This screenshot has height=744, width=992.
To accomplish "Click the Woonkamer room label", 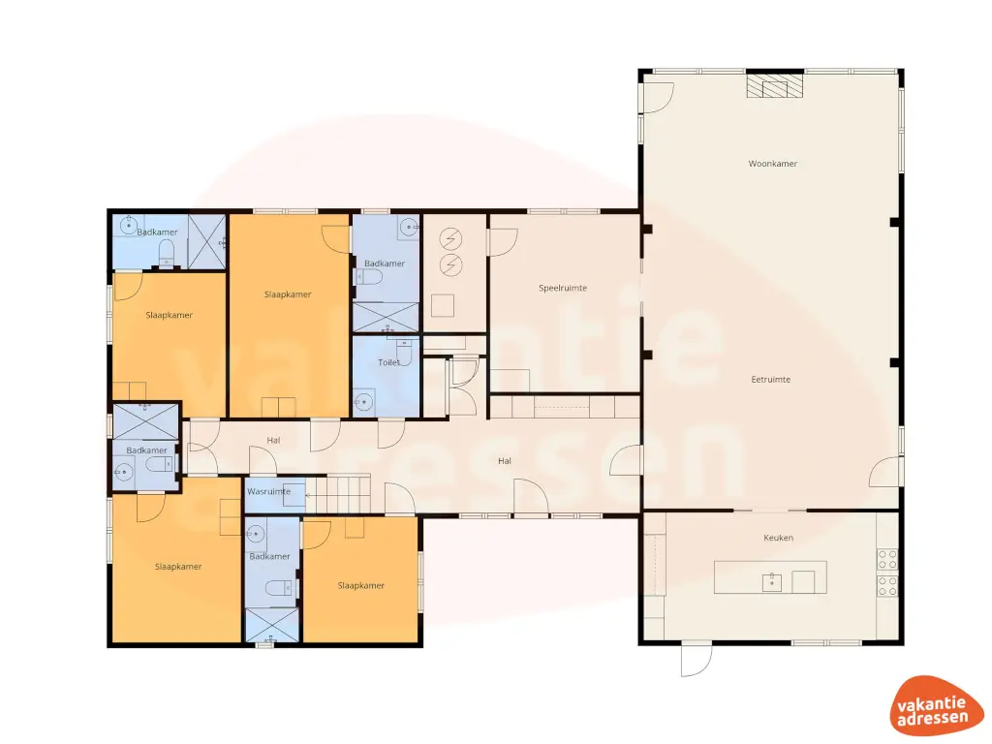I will click(x=772, y=164).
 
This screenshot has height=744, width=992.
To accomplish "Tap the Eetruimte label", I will click(x=771, y=380).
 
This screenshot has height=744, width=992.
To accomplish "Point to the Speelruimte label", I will click(x=563, y=288).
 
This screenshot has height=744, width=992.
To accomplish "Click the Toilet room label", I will click(x=388, y=362).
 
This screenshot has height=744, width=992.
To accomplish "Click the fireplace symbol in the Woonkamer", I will click(x=774, y=87).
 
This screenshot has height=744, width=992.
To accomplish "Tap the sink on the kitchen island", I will click(x=771, y=582).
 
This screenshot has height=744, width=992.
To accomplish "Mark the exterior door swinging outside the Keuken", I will click(x=695, y=661).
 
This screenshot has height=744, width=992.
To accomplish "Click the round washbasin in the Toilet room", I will click(x=363, y=400).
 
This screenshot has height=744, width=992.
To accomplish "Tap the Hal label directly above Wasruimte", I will click(x=273, y=441).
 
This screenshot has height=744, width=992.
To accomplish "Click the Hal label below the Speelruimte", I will click(x=504, y=461).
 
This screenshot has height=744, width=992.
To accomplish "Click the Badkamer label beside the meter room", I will click(x=384, y=263).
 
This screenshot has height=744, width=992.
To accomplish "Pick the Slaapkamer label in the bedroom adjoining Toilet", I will click(x=288, y=294).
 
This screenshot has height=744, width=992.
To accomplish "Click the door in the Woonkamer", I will click(x=659, y=98).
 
